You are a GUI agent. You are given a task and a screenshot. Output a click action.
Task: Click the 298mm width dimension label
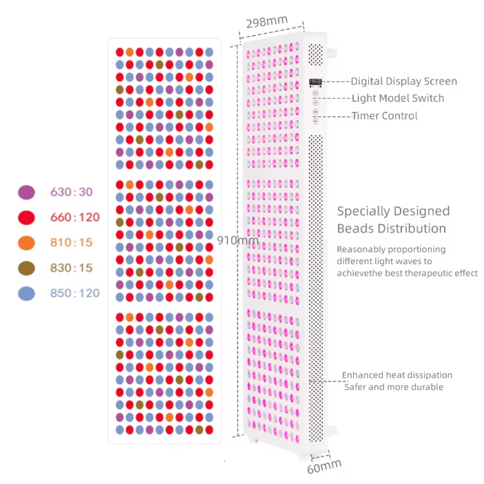267,22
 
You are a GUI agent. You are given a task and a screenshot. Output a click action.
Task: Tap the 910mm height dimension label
238,240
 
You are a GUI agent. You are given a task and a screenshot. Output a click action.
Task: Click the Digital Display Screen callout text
404,81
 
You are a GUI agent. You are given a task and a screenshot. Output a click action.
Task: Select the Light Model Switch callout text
398,98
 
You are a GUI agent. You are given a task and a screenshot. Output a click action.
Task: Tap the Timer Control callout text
385,116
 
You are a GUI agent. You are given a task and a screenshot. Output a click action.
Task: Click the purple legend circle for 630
27,192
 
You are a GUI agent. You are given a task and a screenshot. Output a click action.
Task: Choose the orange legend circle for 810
27,243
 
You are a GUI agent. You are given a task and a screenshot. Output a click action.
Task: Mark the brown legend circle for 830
27,268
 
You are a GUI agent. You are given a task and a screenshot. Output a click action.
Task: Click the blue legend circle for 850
27,293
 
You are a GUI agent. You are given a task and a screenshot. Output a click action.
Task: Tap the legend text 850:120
75,293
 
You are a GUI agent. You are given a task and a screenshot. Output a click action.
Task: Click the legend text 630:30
71,192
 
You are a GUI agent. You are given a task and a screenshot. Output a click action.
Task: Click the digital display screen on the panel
315,82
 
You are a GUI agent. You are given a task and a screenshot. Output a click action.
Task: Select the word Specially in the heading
363,212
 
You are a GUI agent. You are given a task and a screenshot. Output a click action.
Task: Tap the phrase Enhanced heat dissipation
397,375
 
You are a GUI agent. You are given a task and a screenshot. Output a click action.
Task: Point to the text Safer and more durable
394,387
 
